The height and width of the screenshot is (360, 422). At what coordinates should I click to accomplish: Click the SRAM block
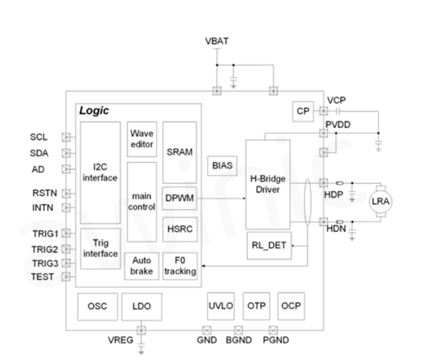[x=179, y=152]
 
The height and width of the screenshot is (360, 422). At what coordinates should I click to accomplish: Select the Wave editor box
[x=141, y=139]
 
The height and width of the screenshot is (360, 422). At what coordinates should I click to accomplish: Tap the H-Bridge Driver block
[x=267, y=184]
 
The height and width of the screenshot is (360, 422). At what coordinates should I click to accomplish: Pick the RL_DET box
[x=268, y=245]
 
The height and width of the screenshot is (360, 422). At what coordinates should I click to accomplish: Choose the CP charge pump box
[x=303, y=111]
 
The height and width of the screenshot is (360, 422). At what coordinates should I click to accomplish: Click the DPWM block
[x=179, y=199]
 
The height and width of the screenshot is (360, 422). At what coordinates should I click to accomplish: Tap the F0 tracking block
[x=179, y=266]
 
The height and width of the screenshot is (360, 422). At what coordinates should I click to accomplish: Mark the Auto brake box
[x=141, y=266]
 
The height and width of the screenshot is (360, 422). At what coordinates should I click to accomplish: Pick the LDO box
[x=141, y=307]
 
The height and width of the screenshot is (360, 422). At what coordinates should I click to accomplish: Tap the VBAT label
[x=216, y=42]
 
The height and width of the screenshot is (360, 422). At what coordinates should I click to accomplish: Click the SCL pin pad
[x=66, y=137]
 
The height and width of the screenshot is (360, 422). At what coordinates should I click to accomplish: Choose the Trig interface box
[x=100, y=248]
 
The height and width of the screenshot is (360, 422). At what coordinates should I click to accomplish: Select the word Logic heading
[x=94, y=111]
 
